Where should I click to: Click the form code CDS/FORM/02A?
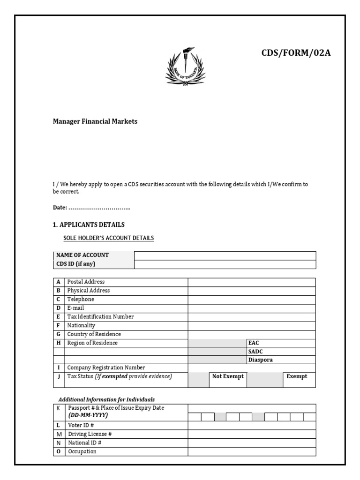(296, 52)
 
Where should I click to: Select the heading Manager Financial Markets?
(95, 121)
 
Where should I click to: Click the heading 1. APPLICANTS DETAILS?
(89, 225)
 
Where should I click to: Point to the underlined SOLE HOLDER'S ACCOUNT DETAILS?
(108, 238)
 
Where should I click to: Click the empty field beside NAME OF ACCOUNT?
(225, 255)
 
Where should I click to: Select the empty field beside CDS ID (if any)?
(225, 264)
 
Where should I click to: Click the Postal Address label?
(86, 282)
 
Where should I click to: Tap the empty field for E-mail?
(252, 308)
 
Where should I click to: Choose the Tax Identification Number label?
(100, 317)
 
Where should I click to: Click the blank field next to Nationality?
(252, 326)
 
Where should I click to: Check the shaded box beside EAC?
(217, 343)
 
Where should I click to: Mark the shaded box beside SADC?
(217, 352)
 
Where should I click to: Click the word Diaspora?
(261, 360)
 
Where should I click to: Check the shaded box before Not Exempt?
(199, 380)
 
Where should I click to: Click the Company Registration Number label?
(106, 368)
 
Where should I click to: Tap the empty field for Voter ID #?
(252, 426)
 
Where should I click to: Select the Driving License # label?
(90, 434)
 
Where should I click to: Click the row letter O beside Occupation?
(59, 451)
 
